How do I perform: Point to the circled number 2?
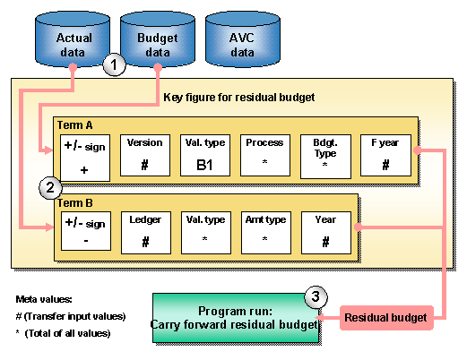pyautogui.click(x=51, y=188)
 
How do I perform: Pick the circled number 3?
pyautogui.click(x=315, y=296)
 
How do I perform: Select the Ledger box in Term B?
pyautogui.click(x=144, y=231)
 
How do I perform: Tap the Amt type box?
pyautogui.click(x=264, y=231)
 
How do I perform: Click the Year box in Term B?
pyautogui.click(x=324, y=231)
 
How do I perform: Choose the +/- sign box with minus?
pyautogui.click(x=84, y=231)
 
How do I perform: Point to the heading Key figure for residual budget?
pyautogui.click(x=238, y=97)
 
